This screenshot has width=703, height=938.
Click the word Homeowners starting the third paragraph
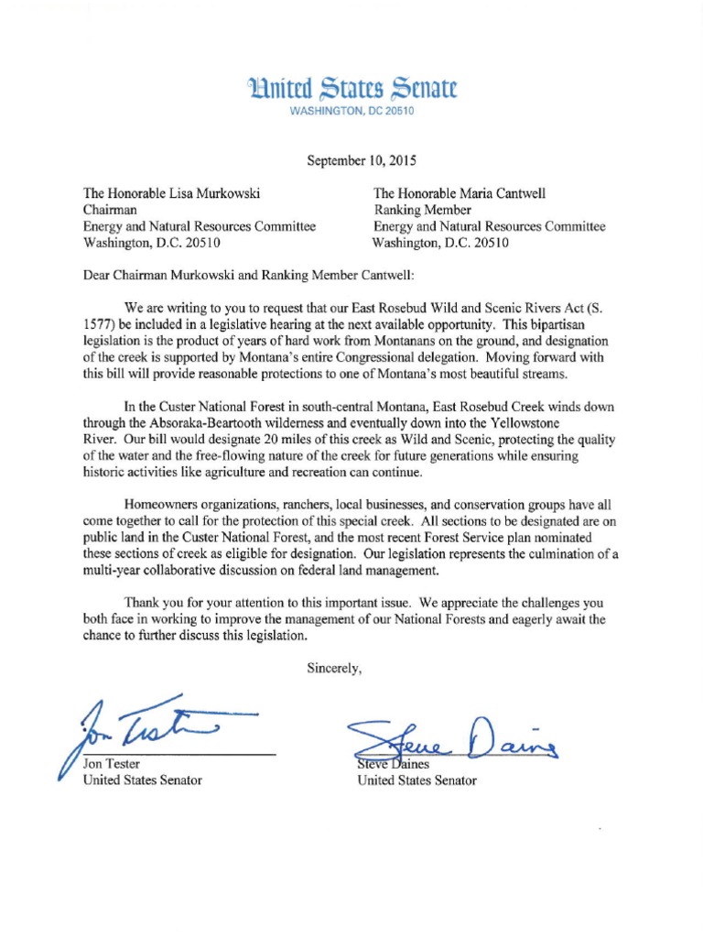167,505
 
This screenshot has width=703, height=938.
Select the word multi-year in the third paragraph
114,571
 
